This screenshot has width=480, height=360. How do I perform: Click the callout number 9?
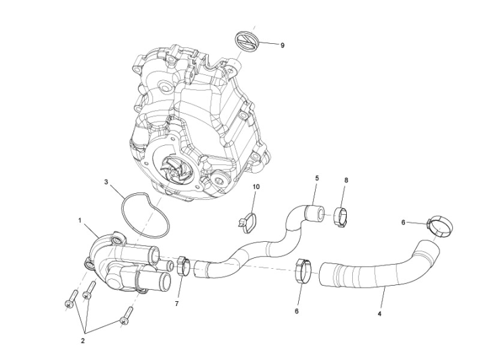[282, 45]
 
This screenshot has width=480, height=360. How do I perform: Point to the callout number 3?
[106, 182]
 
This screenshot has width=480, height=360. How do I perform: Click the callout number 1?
[80, 220]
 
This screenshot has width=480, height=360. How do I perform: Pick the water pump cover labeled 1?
[122, 260]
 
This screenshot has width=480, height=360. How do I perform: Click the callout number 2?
[83, 341]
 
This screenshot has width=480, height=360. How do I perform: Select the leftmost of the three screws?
[70, 301]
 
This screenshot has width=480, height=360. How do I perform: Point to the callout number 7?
[176, 304]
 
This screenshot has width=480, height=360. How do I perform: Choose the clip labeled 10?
[249, 219]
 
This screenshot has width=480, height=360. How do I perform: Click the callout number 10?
[256, 186]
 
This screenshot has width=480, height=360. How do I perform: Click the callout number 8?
[346, 180]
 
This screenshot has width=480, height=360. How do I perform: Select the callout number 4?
[379, 314]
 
